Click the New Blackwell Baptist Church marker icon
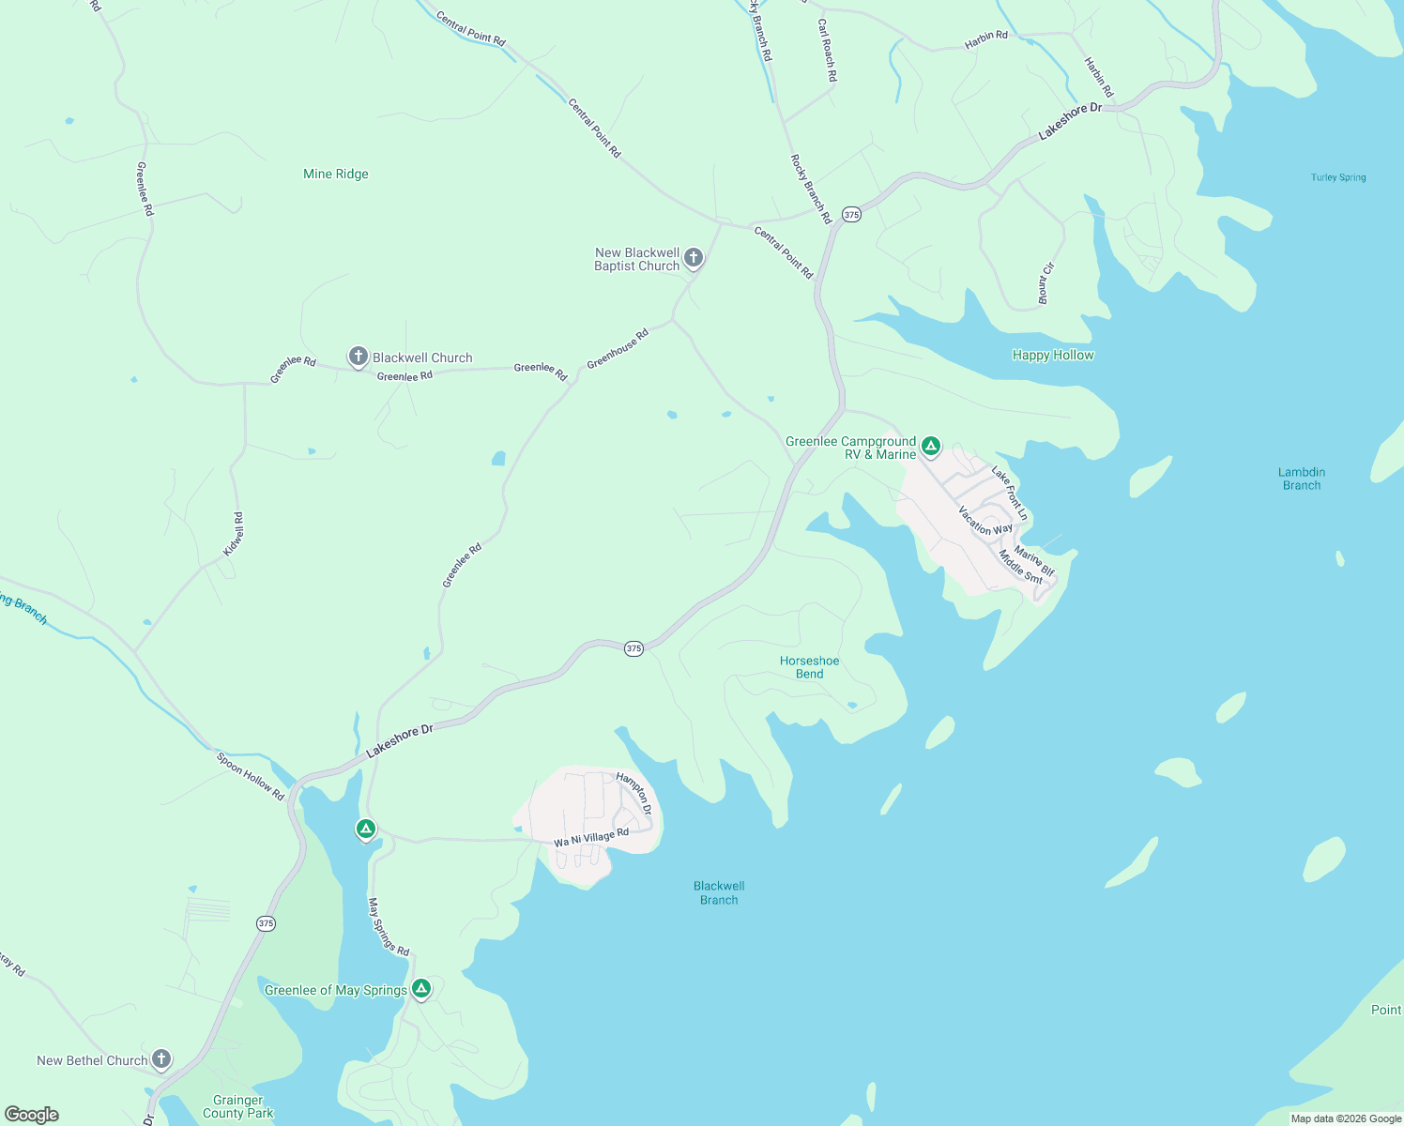click(694, 258)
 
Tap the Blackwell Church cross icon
click(358, 357)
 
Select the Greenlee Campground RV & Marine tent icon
click(930, 446)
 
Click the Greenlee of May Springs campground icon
click(421, 988)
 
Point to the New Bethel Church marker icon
click(161, 1059)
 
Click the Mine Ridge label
click(336, 174)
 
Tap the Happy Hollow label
click(1053, 355)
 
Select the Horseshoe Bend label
click(809, 667)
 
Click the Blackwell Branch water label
click(719, 892)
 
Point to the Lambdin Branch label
click(1301, 479)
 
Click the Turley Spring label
click(1338, 177)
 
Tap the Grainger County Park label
click(238, 1106)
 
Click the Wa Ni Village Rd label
click(591, 837)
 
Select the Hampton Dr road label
click(634, 793)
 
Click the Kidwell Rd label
click(234, 534)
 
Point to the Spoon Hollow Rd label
click(250, 776)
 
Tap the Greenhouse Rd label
click(618, 349)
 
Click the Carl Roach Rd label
click(827, 50)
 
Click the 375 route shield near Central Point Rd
click(850, 214)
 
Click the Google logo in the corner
click(32, 1114)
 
